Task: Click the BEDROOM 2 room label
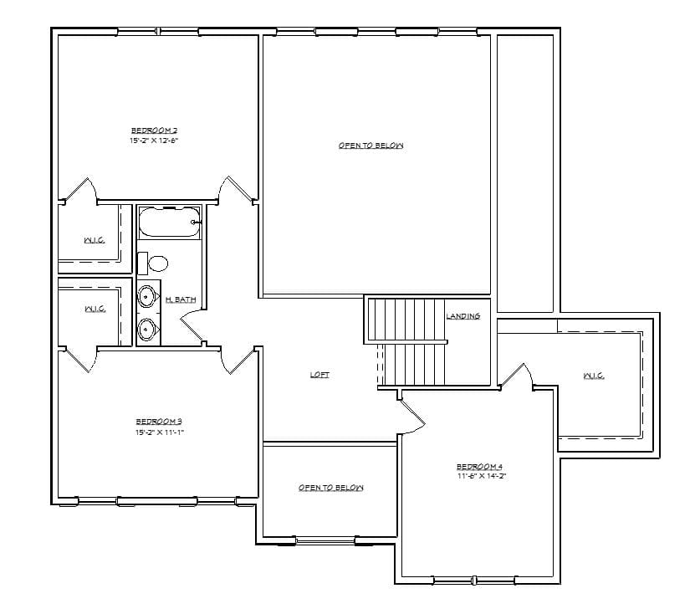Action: [x=155, y=130]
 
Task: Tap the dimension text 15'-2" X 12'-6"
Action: [x=155, y=141]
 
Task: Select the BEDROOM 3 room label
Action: [x=159, y=422]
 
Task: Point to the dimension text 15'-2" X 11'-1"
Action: [x=159, y=432]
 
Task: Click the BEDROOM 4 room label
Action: [x=479, y=466]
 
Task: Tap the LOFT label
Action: [x=319, y=375]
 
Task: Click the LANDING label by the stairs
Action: [x=462, y=316]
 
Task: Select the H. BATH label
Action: [x=181, y=299]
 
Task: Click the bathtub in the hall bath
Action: [x=170, y=223]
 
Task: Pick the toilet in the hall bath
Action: [x=155, y=264]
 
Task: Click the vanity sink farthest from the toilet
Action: [x=147, y=329]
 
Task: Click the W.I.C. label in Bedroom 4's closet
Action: [x=594, y=376]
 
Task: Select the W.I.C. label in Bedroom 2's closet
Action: [x=94, y=241]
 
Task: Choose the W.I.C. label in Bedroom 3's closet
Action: [x=95, y=310]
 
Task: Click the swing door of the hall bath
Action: [x=192, y=325]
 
